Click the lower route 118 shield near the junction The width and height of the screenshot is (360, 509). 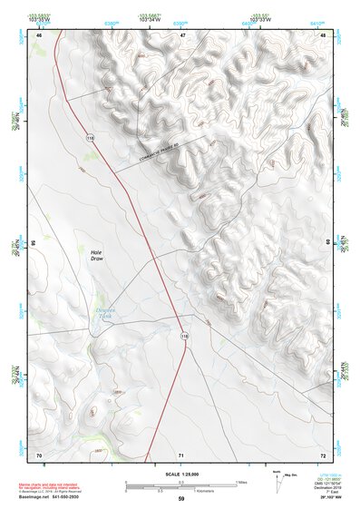tap(185, 336)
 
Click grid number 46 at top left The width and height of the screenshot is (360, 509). tap(39, 34)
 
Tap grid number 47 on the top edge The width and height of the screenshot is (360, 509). tap(181, 34)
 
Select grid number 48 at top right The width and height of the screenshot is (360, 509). tap(323, 34)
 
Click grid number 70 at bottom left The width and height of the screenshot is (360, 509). tap(39, 454)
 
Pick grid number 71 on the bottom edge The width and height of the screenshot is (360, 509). tap(181, 454)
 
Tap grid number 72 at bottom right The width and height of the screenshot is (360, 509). tap(323, 454)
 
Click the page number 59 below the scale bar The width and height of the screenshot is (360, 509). tap(181, 498)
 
